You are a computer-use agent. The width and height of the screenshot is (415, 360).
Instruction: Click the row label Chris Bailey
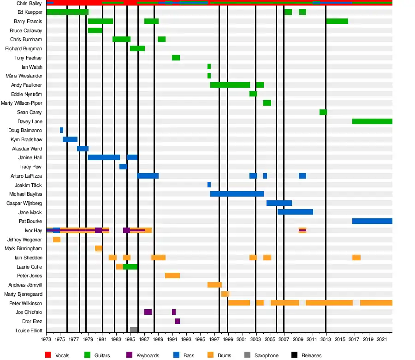(x=29, y=3)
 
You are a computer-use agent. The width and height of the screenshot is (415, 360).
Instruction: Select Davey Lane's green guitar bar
(x=372, y=121)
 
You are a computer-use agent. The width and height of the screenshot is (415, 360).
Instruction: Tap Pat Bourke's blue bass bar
(x=372, y=221)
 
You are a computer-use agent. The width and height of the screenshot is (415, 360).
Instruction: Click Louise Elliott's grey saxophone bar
(x=134, y=330)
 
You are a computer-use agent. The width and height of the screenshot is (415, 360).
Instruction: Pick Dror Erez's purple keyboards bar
(x=178, y=321)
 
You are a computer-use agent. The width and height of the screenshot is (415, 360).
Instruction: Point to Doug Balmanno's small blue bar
(x=61, y=130)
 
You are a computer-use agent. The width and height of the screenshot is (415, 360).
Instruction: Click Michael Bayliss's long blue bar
(x=237, y=194)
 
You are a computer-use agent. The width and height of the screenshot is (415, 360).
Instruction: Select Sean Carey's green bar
(x=323, y=112)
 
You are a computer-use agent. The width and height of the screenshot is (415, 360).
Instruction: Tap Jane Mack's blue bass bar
(x=295, y=212)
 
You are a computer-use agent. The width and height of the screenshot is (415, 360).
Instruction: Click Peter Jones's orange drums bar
(x=172, y=276)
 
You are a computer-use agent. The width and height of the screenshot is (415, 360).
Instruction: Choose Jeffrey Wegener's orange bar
(x=57, y=240)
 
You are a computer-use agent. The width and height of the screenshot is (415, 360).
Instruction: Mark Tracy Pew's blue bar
(x=123, y=167)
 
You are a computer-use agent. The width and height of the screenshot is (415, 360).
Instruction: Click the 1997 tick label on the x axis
(x=214, y=340)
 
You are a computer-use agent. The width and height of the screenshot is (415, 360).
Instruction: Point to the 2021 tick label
(x=382, y=340)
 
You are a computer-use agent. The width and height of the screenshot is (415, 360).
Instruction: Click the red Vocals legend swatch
(x=48, y=355)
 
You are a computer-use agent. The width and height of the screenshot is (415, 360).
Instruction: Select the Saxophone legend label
(x=267, y=355)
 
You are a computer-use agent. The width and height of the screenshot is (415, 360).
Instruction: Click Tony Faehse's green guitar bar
(x=176, y=58)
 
